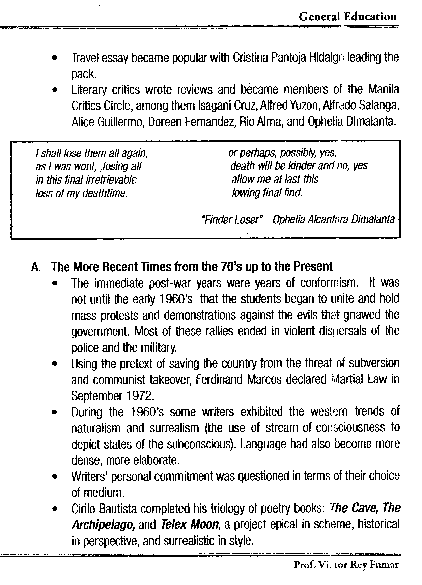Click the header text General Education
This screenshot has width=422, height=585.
347,17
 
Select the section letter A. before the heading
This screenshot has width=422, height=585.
36,267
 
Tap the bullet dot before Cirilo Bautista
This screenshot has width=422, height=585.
54,509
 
